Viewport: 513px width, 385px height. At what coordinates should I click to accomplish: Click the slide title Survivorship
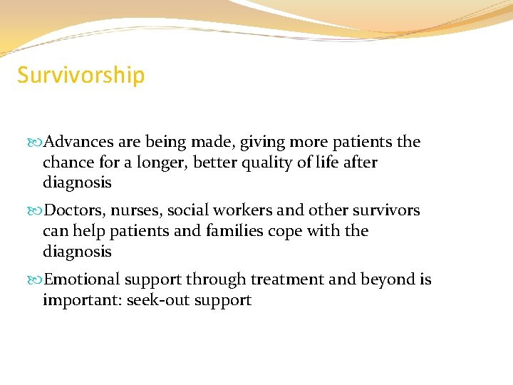[x=81, y=75]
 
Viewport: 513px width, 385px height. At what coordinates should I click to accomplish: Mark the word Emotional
[x=81, y=280]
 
